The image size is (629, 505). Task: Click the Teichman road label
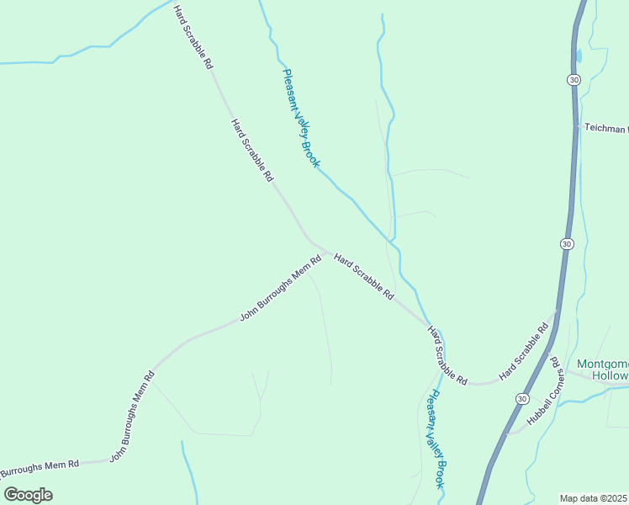(x=605, y=129)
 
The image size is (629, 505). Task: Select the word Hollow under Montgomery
(x=610, y=375)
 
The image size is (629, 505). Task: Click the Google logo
(x=28, y=494)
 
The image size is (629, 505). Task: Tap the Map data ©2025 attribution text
(x=594, y=498)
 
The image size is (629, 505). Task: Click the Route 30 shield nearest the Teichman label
(x=573, y=79)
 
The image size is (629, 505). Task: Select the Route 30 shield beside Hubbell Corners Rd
(x=522, y=397)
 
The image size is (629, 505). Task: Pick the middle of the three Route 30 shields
(x=567, y=243)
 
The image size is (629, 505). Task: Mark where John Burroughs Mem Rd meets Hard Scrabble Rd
(x=326, y=252)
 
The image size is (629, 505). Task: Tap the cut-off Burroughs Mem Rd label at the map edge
(x=40, y=466)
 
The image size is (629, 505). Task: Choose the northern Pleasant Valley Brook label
(x=300, y=118)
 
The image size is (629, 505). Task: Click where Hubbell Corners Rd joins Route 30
(x=508, y=431)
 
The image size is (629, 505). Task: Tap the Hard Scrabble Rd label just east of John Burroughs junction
(x=364, y=277)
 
